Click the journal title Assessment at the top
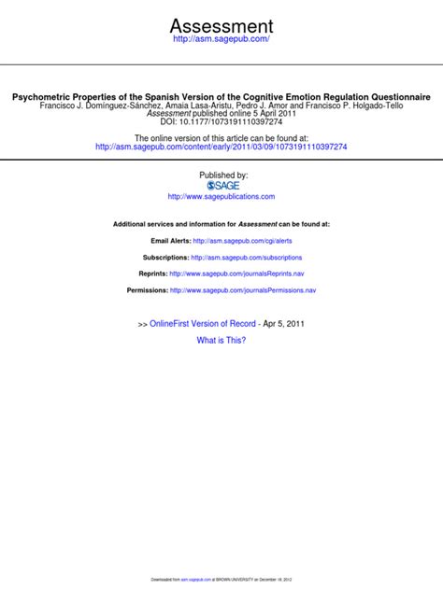pyautogui.click(x=221, y=25)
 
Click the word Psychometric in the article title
pyautogui.click(x=45, y=97)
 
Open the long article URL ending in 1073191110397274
pyautogui.click(x=221, y=147)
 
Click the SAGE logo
pyautogui.click(x=221, y=186)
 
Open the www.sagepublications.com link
pyautogui.click(x=221, y=197)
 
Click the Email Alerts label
pyautogui.click(x=164, y=241)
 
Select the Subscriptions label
pyautogui.click(x=165, y=258)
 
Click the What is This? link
pyautogui.click(x=221, y=341)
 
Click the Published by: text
pyautogui.click(x=222, y=175)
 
